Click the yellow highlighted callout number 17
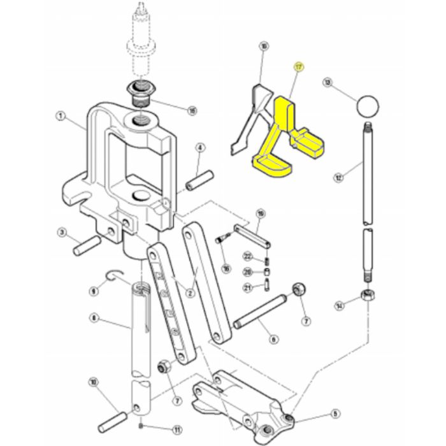click(x=297, y=66)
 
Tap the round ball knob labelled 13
click(x=368, y=104)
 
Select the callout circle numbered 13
click(x=327, y=83)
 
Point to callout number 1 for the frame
click(x=61, y=117)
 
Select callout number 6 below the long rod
click(x=273, y=340)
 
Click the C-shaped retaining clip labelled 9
click(x=117, y=275)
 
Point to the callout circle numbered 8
click(x=94, y=317)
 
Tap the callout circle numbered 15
click(x=192, y=110)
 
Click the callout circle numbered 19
click(x=259, y=213)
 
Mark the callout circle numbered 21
click(x=247, y=287)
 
